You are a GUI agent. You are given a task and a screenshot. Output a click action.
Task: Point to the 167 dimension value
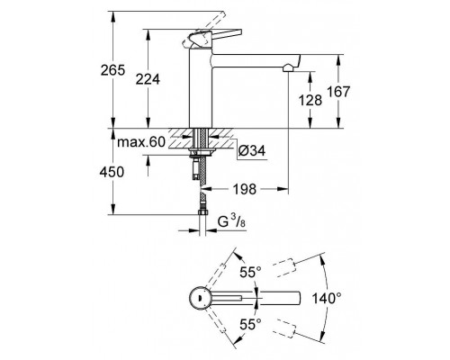(352, 93)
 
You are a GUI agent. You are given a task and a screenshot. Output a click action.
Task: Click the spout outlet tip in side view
(287, 68)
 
